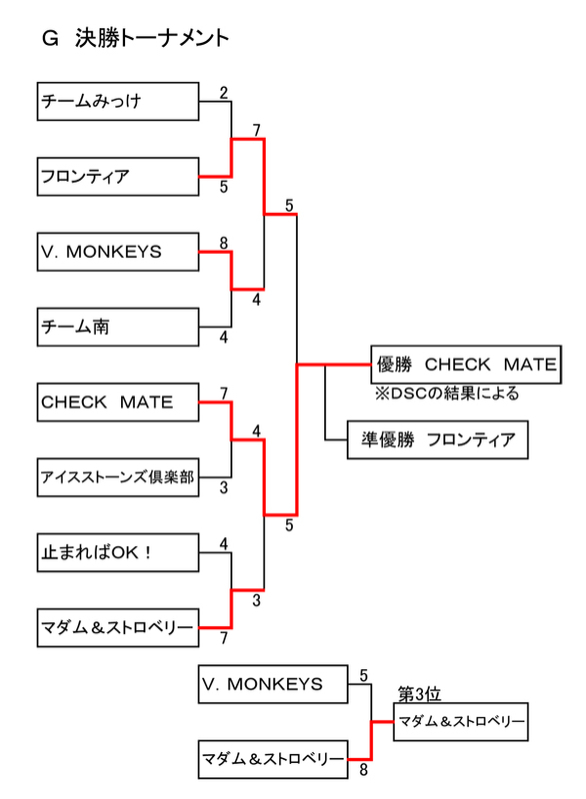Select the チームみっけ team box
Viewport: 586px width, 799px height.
coord(117,101)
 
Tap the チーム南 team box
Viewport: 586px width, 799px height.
coord(117,326)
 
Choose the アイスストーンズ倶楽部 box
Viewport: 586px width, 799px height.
coord(117,477)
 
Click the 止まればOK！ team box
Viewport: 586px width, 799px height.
coord(117,552)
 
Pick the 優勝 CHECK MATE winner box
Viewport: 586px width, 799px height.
coord(463,366)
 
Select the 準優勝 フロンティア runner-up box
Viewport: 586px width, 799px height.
coord(438,439)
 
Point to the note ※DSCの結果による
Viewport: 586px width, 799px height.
coord(446,394)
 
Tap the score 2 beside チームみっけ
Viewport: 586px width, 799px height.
coord(224,93)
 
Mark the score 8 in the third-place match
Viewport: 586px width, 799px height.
coord(363,770)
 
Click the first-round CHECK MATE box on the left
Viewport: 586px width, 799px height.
coord(117,402)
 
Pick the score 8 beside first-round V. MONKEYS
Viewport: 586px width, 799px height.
coord(223,243)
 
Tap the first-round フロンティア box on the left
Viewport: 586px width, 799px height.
coord(117,177)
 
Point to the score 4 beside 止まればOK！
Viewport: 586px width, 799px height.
coord(224,544)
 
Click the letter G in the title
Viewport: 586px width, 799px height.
coord(49,39)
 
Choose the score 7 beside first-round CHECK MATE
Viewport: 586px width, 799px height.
coord(223,394)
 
